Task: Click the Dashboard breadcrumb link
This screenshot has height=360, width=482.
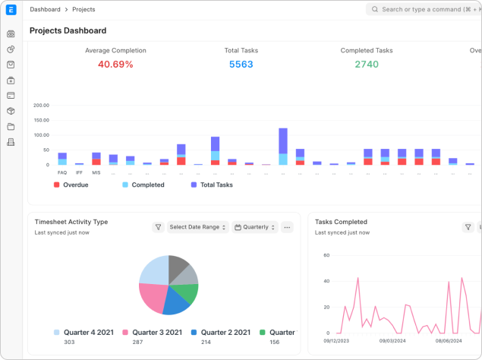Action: [45, 10]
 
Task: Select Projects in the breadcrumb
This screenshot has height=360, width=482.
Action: [83, 10]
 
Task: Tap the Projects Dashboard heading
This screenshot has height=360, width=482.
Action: [68, 31]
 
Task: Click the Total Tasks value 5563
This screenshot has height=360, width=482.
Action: [241, 65]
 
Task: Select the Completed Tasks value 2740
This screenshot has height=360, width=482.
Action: [367, 65]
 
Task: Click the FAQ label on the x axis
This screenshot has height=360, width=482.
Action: [62, 172]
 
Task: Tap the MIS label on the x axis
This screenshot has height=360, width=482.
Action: [96, 172]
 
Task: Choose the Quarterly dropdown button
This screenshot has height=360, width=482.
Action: [254, 227]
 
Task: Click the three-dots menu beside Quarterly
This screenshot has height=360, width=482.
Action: [287, 227]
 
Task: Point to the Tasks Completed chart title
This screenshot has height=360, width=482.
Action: [341, 222]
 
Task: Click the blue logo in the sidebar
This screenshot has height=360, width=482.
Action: [11, 11]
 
